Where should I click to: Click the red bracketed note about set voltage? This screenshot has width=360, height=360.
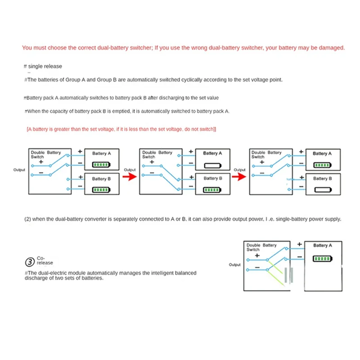(x=121, y=129)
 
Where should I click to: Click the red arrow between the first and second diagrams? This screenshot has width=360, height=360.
(x=130, y=176)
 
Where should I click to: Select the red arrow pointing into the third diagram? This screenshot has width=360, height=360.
(x=239, y=176)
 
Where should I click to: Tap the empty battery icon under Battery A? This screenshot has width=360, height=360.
(x=211, y=165)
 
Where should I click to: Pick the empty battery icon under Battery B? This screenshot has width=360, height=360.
(x=321, y=190)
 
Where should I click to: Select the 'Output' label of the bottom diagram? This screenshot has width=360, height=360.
(x=234, y=265)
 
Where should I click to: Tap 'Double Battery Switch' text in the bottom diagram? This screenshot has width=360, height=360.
(x=261, y=247)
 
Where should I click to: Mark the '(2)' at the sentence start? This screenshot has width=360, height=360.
(x=27, y=219)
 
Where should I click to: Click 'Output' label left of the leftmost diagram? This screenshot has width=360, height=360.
(x=19, y=170)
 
